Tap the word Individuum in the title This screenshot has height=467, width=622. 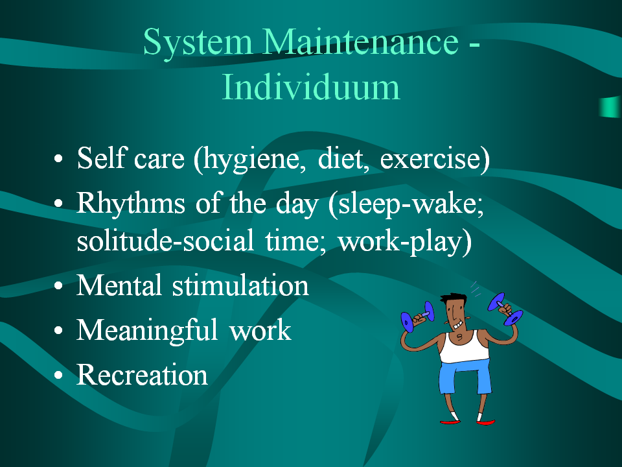[x=310, y=86]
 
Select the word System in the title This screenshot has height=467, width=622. [x=198, y=43]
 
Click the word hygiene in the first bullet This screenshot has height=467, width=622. [x=250, y=160]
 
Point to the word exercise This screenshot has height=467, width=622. [x=432, y=158]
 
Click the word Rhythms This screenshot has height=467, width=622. [x=130, y=202]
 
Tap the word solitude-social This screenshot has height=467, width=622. [x=165, y=240]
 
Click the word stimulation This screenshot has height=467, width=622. [x=240, y=285]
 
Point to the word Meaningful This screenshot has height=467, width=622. [x=147, y=331]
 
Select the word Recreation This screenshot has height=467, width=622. [x=142, y=374]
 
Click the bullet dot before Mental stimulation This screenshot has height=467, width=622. [x=58, y=285]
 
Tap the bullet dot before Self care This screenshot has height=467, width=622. [x=58, y=158]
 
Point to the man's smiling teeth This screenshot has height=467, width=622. [x=458, y=325]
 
